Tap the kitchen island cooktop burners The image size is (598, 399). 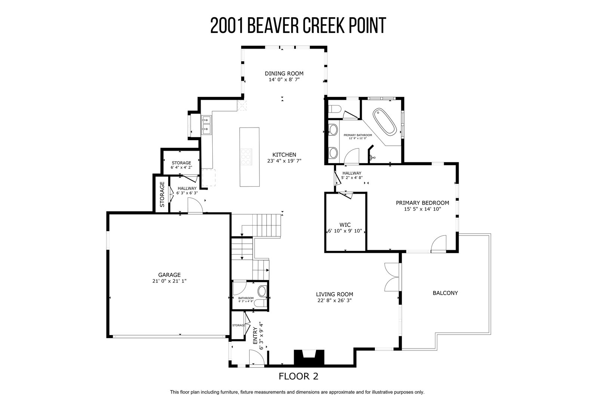[x=246, y=157]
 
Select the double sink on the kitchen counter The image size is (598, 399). [x=206, y=125]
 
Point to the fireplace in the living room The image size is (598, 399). [x=309, y=357]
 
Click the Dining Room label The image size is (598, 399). [x=284, y=73]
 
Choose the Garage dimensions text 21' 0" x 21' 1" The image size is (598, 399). [x=169, y=281]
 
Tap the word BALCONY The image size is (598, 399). [x=445, y=293]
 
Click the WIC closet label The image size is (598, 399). [x=345, y=225]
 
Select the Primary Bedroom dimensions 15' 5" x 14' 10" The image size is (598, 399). [x=422, y=209]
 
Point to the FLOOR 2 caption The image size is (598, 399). [x=299, y=377]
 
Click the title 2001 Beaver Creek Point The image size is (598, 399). [x=298, y=26]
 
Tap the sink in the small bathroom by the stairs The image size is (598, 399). [x=262, y=291]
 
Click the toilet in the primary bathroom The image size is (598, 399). [x=335, y=109]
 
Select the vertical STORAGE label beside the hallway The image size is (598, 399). [x=162, y=194]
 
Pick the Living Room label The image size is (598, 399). [x=335, y=294]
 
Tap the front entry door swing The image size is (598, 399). [x=256, y=357]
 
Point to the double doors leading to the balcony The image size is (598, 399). [x=392, y=277]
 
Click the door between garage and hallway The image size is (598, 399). [x=195, y=206]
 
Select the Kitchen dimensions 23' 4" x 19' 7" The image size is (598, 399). [x=284, y=161]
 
